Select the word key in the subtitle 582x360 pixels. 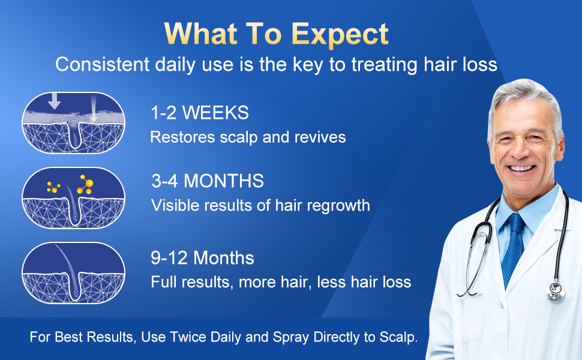point(307,64)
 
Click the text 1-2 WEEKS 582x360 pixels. point(199,112)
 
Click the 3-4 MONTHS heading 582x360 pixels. point(207,181)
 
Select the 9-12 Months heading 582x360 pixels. point(202,258)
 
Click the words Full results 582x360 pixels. point(190,282)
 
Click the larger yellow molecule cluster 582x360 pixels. point(85,184)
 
